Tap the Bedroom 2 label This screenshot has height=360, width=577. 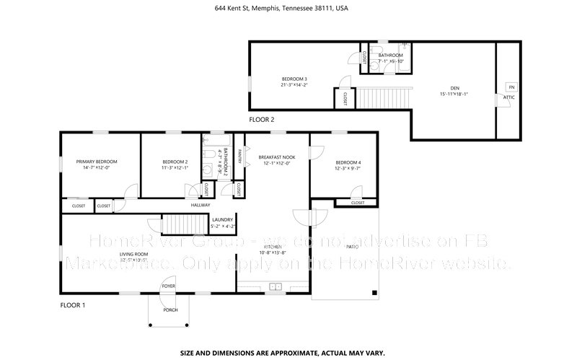(x=175, y=162)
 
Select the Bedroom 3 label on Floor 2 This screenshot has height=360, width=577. (x=294, y=79)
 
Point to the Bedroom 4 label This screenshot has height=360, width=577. (x=348, y=162)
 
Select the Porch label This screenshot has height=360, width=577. (x=171, y=310)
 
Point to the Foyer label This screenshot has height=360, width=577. (x=169, y=286)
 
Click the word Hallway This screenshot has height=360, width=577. (x=200, y=206)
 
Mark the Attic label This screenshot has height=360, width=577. (x=508, y=97)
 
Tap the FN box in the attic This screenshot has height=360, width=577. (x=511, y=87)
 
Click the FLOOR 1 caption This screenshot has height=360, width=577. (x=72, y=306)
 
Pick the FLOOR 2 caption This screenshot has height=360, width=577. (x=261, y=119)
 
